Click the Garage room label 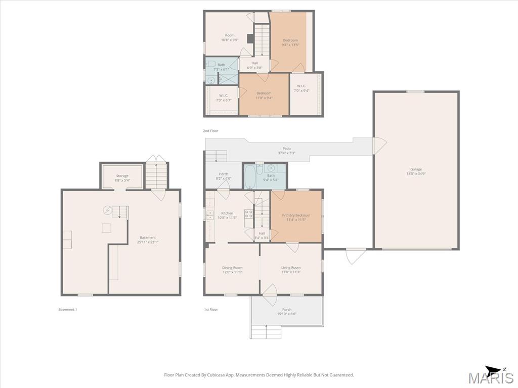point(416,171)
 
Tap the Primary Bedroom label point(296,217)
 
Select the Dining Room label point(232,270)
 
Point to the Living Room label point(291,270)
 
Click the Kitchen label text point(227,213)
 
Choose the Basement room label point(148,239)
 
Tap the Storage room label point(122,178)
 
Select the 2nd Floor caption point(210,131)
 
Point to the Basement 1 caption point(68,310)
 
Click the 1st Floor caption point(211,310)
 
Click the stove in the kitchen point(249,214)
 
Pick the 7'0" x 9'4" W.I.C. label point(301,88)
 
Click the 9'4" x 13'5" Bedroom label point(290,42)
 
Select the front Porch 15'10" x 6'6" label point(287,311)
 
